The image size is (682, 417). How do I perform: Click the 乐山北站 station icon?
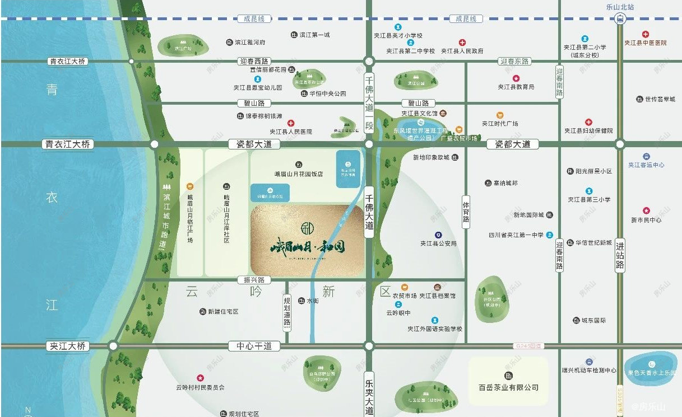[620, 19]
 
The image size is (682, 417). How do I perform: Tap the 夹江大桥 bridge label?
[67, 346]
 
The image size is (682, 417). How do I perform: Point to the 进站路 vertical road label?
[620, 255]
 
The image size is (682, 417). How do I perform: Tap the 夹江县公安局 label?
[439, 243]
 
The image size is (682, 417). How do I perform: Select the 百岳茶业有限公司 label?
[508, 387]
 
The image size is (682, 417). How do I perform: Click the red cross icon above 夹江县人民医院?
[291, 123]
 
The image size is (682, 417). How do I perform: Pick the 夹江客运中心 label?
[646, 165]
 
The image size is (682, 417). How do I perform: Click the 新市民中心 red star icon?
[646, 211]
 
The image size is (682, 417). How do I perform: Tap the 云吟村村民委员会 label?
[200, 387]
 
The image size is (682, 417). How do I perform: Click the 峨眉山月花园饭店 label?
[299, 174]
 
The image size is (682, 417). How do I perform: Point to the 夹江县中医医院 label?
[646, 43]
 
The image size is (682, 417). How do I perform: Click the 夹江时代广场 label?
[500, 124]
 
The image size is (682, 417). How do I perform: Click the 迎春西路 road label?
[254, 61]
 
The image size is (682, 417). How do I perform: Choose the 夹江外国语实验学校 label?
[435, 329]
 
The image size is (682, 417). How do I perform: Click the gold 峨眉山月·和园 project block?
[307, 241]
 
